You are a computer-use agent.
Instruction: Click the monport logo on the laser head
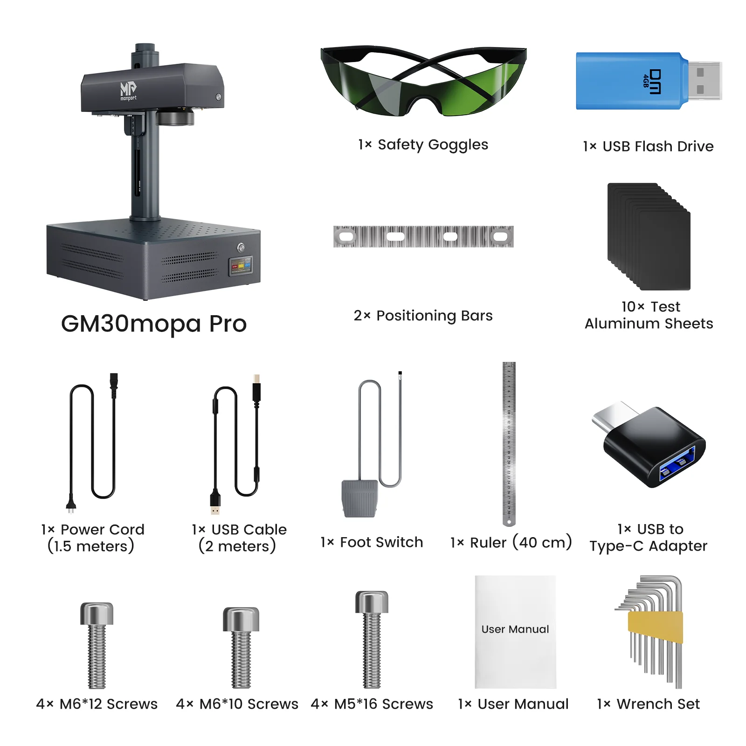pos(128,90)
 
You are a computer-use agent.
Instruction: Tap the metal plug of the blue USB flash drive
pos(704,80)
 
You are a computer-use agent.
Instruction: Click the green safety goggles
pos(423,82)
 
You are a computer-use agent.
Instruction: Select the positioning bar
pos(423,236)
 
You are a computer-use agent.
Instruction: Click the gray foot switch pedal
pos(359,498)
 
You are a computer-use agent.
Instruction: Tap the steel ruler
pos(509,443)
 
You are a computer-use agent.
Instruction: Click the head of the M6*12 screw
pos(97,613)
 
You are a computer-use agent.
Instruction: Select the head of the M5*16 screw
pos(372,601)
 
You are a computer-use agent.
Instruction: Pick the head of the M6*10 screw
pos(241,618)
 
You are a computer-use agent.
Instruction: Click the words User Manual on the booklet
pos(515,629)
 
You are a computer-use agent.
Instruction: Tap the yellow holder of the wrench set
pos(655,627)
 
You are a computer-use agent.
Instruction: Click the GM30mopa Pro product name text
pos(154,324)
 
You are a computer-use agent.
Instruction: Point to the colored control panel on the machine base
pos(241,266)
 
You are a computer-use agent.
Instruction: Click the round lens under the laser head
pos(175,117)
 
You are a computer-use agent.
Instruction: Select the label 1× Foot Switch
pos(372,542)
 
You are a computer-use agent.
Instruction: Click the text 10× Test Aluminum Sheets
pos(649,315)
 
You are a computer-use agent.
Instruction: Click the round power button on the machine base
pos(241,247)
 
